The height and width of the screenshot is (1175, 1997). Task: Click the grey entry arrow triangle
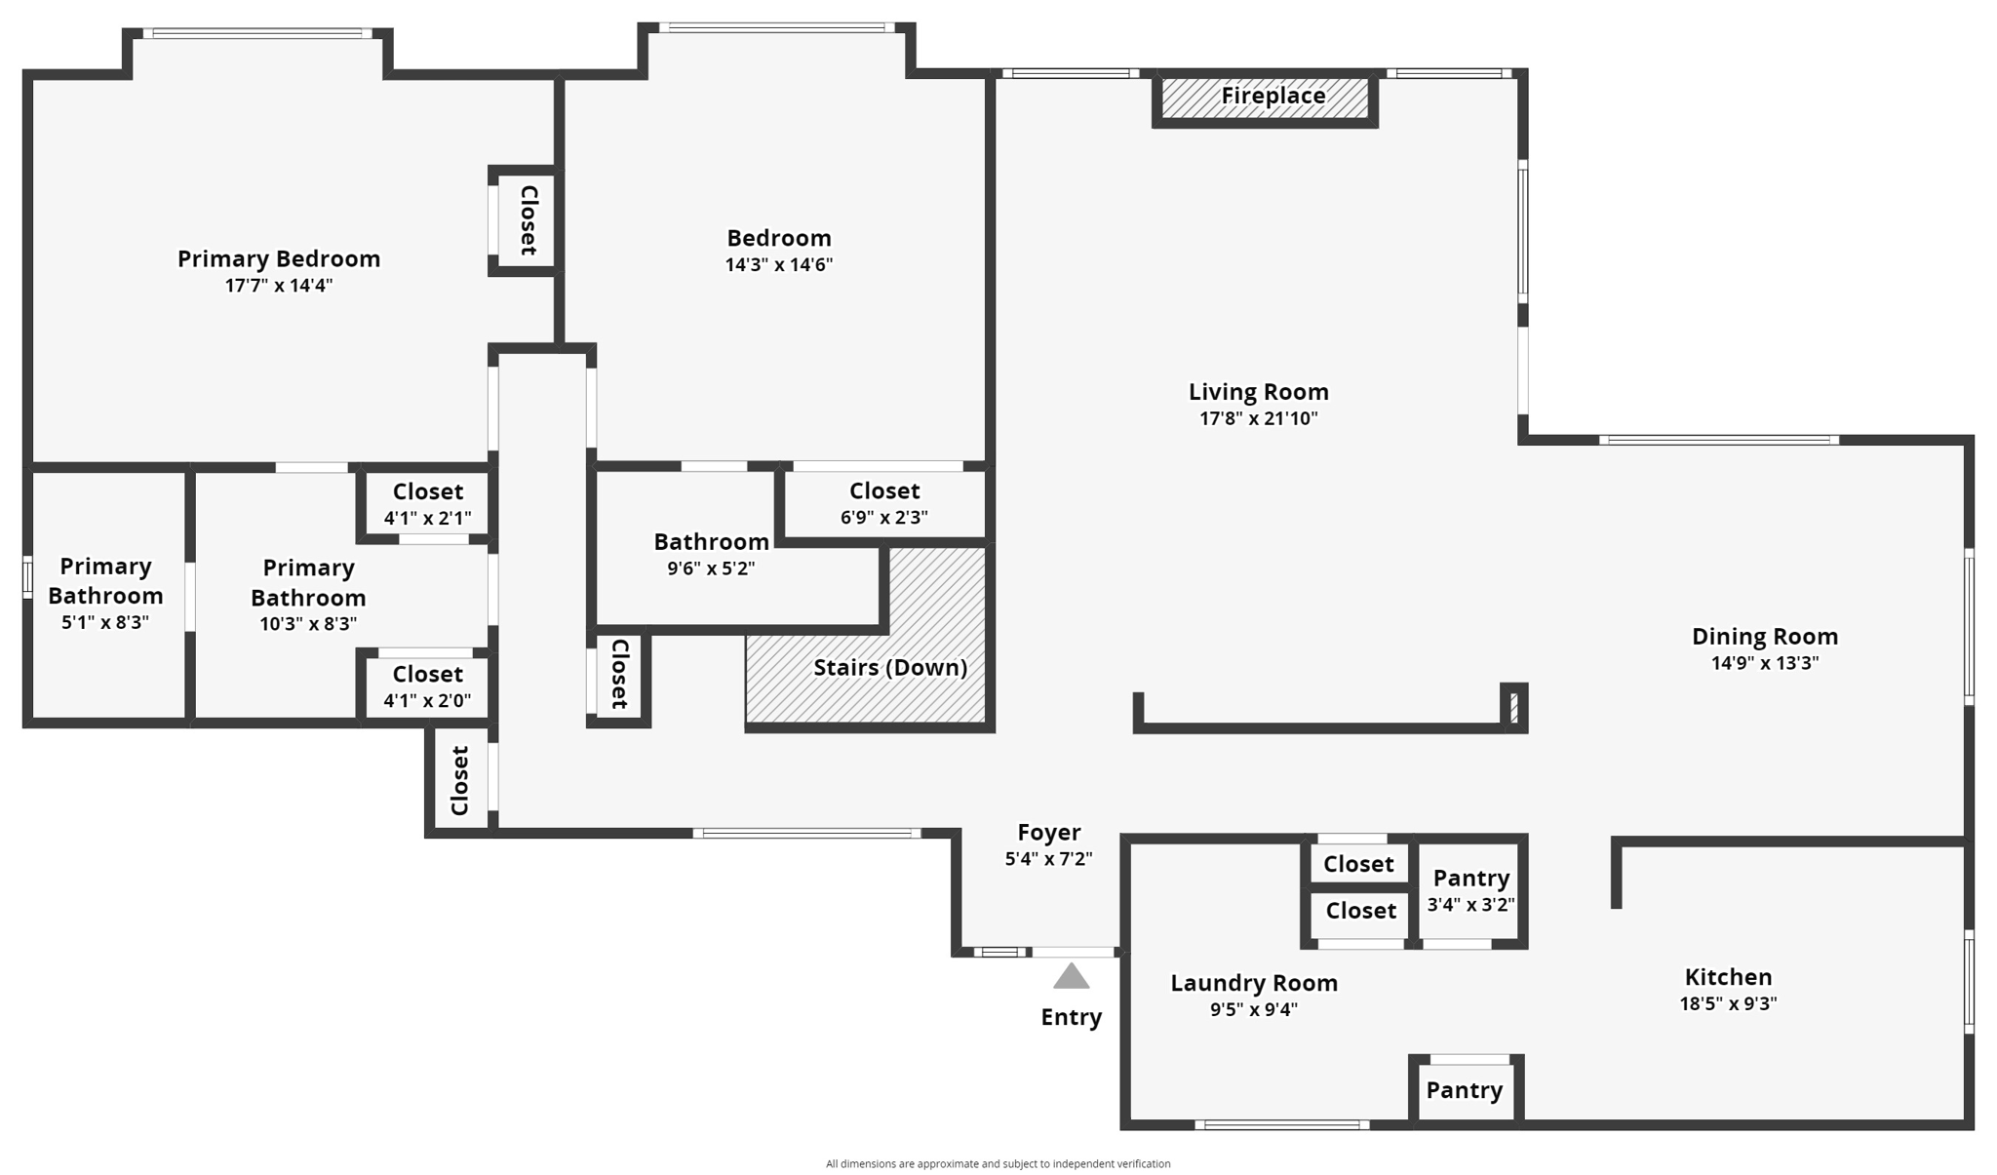(1071, 976)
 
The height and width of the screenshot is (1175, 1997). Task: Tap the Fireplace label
(1273, 96)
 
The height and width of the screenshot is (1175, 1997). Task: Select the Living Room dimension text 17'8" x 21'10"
(1258, 418)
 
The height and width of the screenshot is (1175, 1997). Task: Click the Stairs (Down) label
(890, 667)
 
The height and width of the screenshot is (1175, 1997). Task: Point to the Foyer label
(1048, 832)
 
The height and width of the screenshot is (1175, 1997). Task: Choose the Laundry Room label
(1254, 983)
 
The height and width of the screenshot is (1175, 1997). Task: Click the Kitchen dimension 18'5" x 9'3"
(1728, 1003)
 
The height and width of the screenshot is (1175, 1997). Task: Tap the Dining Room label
(1765, 637)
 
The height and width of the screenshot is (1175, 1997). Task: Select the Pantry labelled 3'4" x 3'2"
(1470, 889)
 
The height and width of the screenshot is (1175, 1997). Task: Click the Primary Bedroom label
(279, 258)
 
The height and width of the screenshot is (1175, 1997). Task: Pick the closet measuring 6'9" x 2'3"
(884, 502)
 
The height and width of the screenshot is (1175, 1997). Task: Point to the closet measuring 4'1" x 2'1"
(427, 503)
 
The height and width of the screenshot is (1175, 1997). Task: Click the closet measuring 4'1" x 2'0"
(427, 685)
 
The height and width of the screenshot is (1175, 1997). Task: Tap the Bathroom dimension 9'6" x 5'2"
(711, 568)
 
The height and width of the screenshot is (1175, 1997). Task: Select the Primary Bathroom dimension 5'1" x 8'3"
(105, 622)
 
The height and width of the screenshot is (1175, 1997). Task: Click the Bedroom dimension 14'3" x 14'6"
(778, 264)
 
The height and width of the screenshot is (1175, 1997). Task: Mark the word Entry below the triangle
(1071, 1017)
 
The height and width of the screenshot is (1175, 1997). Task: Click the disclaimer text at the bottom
(998, 1163)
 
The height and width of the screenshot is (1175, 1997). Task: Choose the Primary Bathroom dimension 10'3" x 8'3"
(308, 623)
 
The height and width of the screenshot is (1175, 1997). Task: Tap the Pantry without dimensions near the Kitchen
(1464, 1090)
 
